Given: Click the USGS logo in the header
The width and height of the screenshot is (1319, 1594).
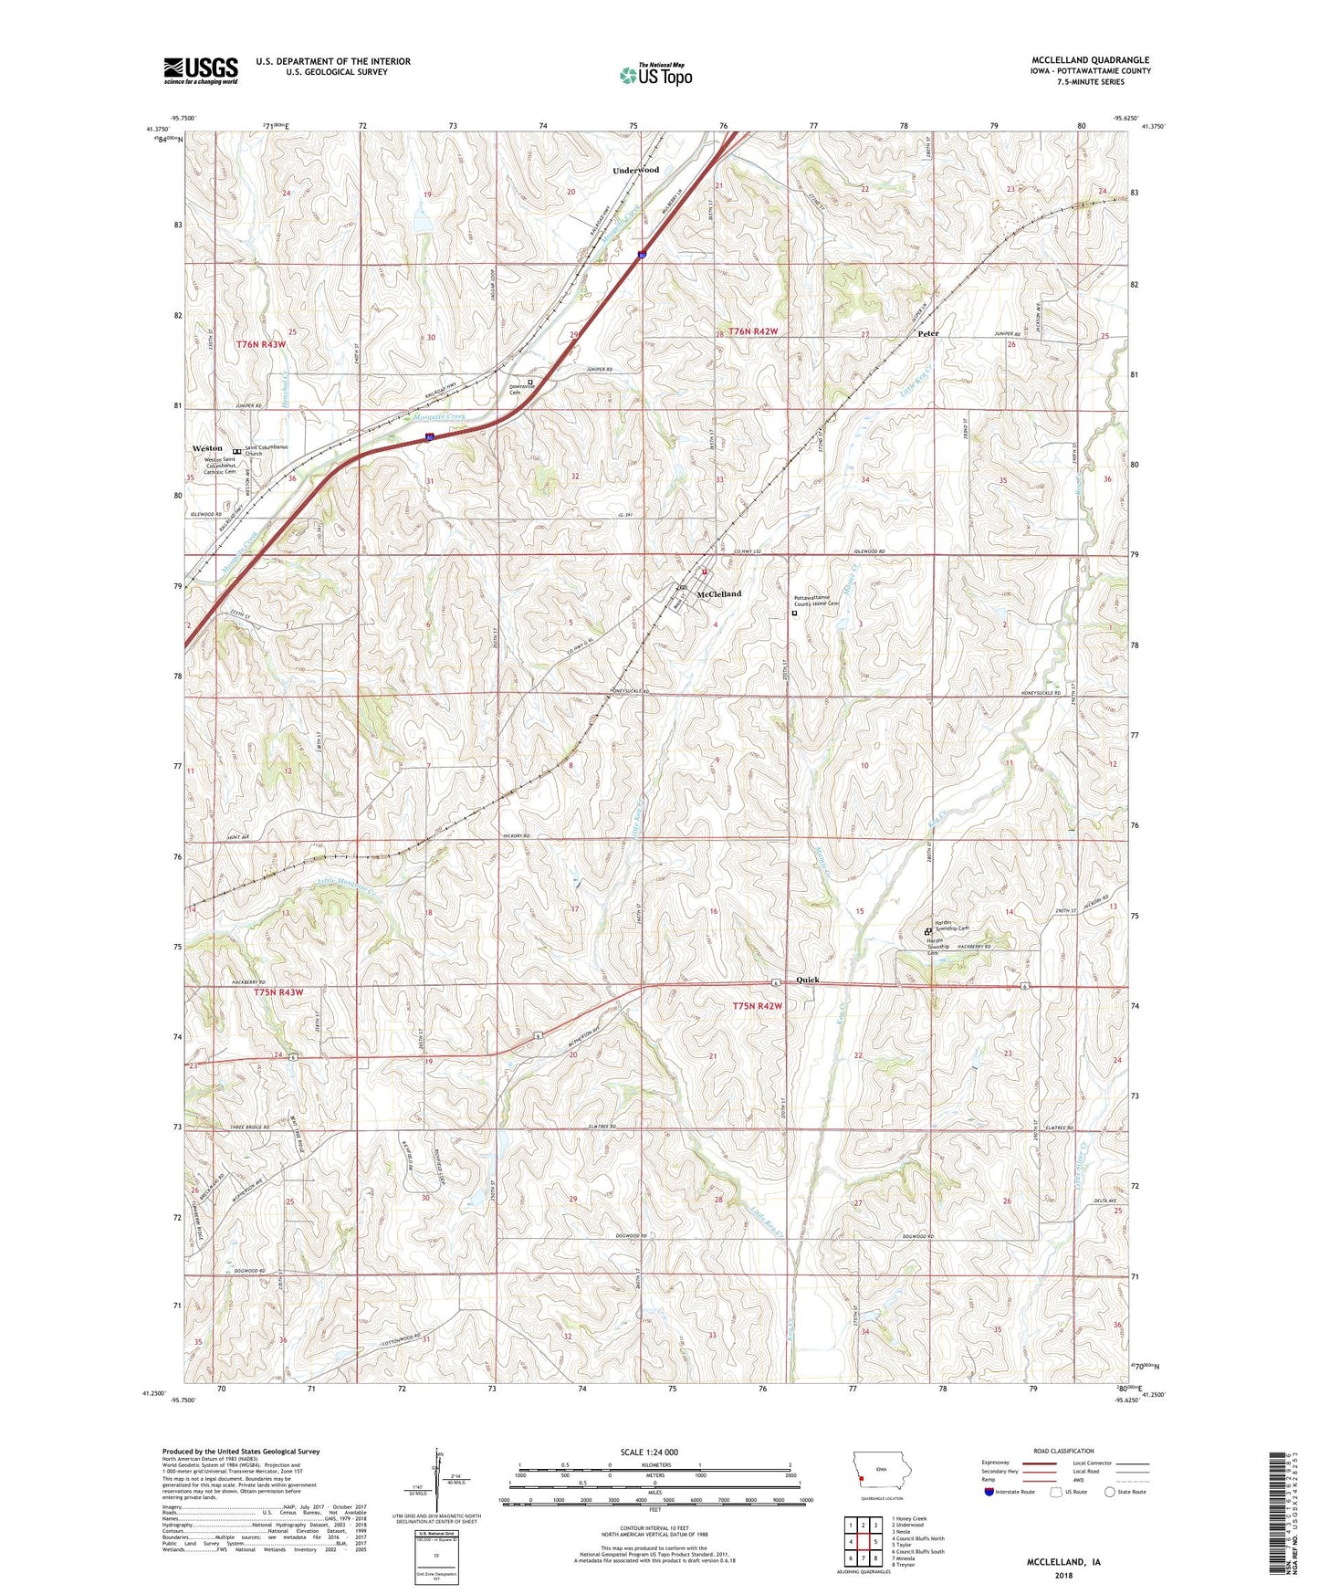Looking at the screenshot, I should pos(201,69).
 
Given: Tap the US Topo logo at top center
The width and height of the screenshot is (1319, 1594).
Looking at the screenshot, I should pos(655,75).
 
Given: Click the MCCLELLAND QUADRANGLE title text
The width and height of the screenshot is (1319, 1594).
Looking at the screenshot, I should pos(1088,60).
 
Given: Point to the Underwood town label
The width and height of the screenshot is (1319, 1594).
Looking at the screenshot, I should pos(635,170).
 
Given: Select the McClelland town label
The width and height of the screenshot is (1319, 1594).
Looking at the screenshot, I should pos(719,593).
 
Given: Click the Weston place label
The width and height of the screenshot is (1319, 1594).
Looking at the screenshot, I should pos(207,448).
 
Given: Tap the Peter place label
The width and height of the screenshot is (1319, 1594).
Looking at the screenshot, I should pos(927,333).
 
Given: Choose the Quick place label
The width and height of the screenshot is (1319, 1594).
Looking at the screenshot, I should pos(808,980).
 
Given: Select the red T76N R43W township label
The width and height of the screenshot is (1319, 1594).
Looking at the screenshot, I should pos(261,344).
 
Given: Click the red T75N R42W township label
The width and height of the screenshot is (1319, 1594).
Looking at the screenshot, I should pos(758,1006).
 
